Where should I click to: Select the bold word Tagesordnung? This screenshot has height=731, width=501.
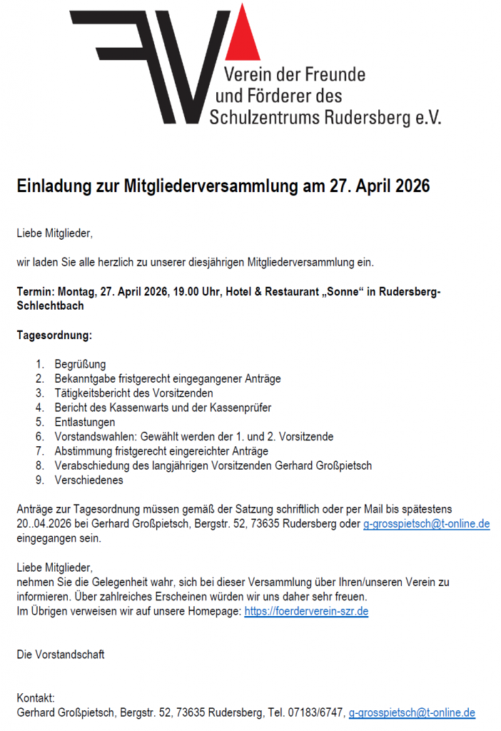coord(54,335)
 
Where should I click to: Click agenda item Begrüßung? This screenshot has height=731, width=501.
coord(80,365)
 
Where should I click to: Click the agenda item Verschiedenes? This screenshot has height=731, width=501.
coord(88,480)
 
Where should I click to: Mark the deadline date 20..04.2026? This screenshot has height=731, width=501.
coord(46,525)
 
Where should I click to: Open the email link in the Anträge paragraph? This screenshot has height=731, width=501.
coord(426,525)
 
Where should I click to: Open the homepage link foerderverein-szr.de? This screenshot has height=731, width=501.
coord(306,611)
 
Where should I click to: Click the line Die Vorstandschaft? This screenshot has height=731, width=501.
coord(61,655)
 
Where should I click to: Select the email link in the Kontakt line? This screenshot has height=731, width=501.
coord(412,712)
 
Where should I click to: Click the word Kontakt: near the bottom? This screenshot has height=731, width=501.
coord(36,698)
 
